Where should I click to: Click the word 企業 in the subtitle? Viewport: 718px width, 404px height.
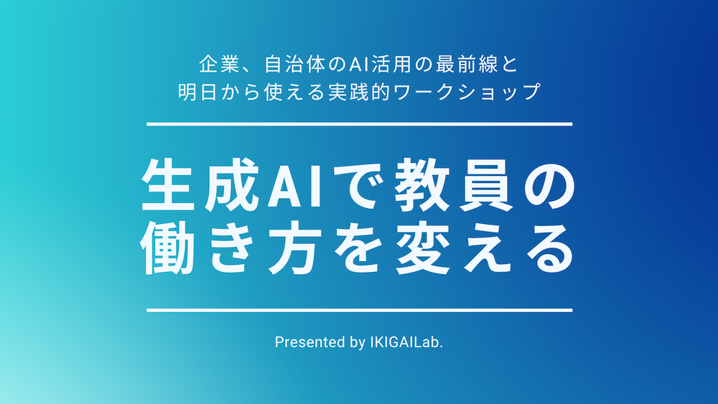point(219,65)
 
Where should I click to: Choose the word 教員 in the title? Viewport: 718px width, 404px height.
point(453,185)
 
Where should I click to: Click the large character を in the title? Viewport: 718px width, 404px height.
point(358,248)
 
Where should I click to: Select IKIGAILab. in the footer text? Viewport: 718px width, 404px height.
point(406,342)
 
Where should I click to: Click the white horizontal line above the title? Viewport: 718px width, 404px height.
point(360,124)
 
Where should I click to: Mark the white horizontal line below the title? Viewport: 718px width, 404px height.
point(360,310)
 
